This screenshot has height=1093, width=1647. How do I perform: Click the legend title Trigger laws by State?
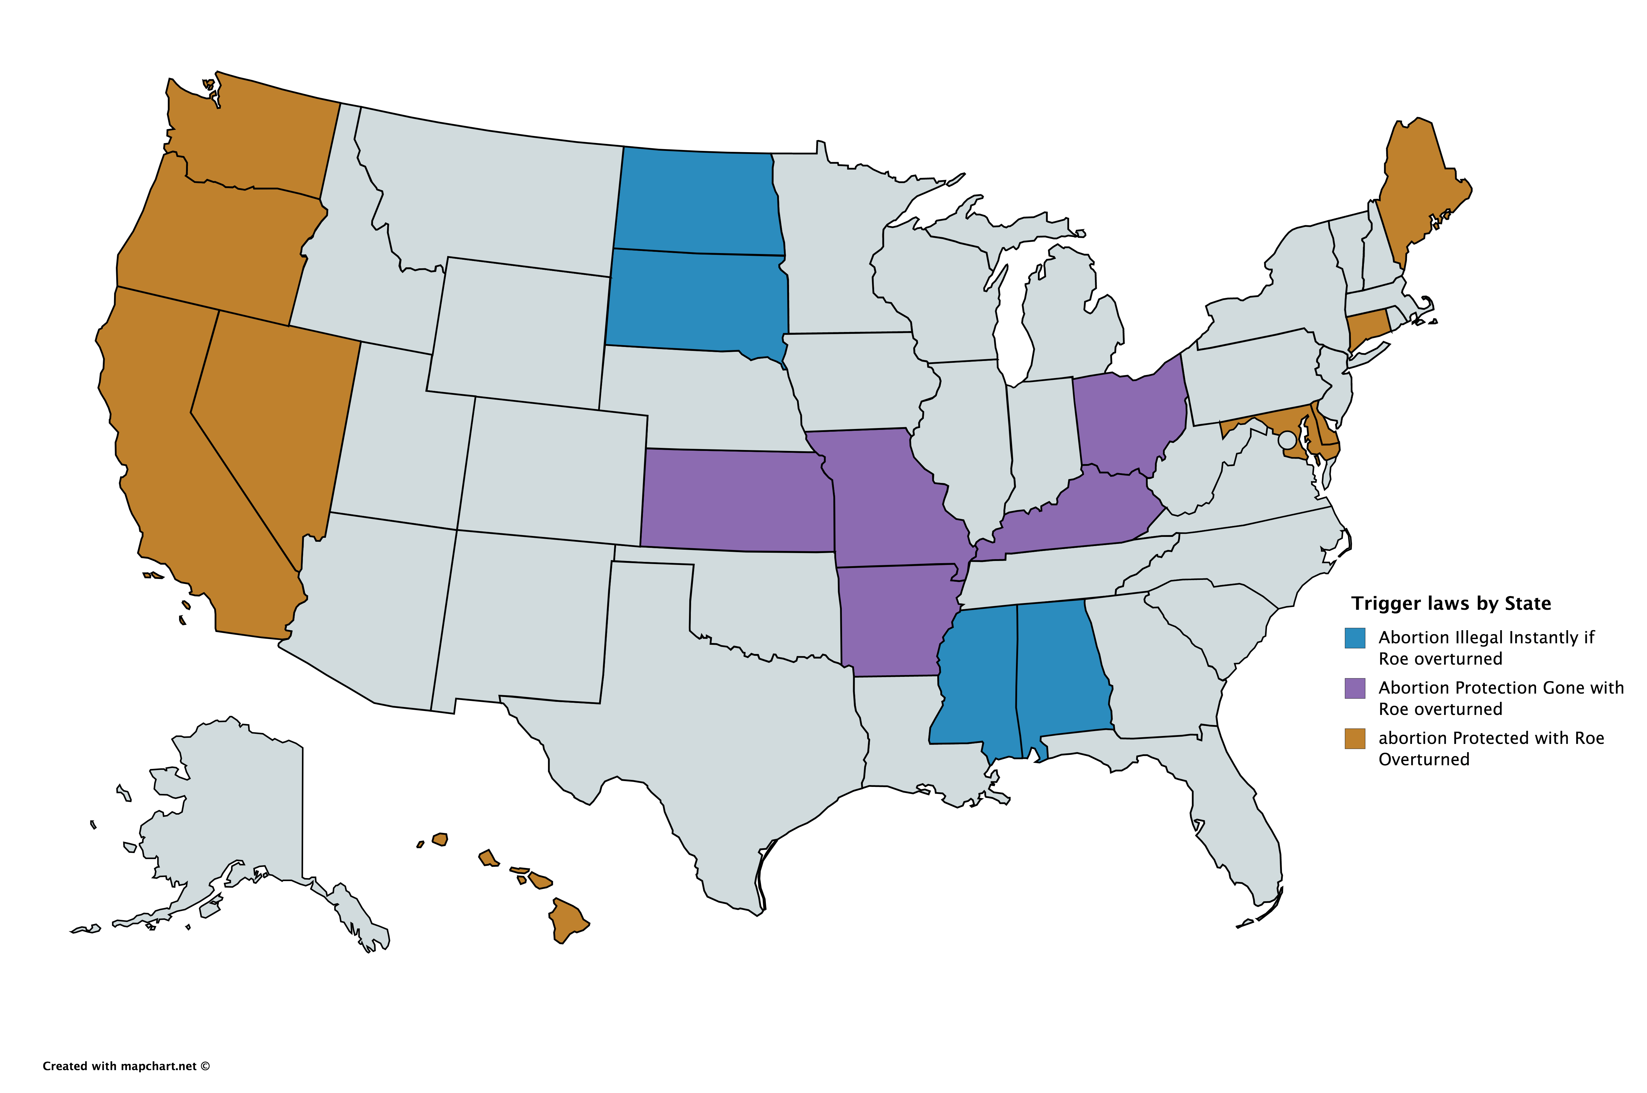coord(1450,604)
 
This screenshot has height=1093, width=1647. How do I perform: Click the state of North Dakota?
coord(697,202)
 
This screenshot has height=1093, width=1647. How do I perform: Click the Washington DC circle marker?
coord(1286,440)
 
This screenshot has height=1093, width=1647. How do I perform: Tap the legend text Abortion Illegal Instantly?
coord(1485,638)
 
